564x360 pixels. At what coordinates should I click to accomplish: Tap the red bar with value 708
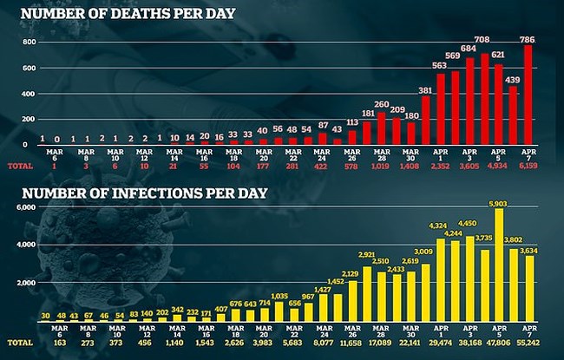pyautogui.click(x=483, y=99)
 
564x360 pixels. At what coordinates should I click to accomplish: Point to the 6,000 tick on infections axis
pyautogui.click(x=24, y=208)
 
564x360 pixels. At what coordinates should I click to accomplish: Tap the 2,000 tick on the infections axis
pyautogui.click(x=24, y=283)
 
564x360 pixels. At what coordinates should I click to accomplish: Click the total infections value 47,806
pyautogui.click(x=499, y=343)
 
